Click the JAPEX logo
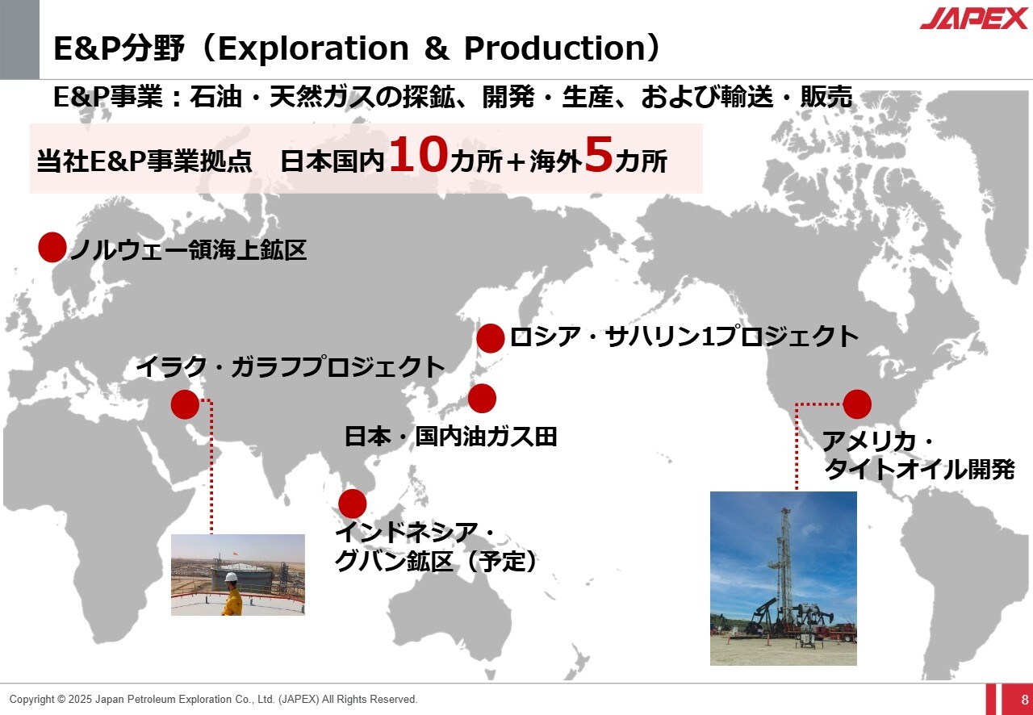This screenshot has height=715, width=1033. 973,19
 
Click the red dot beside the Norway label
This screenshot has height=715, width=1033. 52,247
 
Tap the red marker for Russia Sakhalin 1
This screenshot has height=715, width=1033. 490,338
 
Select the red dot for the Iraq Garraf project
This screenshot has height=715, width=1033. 185,404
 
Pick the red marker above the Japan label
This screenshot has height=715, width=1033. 482,398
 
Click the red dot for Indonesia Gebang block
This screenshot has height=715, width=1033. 353,504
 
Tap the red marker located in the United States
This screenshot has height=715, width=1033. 857,404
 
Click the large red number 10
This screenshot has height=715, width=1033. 419,154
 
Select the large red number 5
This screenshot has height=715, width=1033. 599,154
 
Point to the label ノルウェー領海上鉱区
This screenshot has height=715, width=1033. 188,250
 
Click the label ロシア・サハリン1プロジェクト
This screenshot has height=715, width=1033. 684,337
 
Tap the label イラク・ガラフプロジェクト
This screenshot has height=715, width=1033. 291,367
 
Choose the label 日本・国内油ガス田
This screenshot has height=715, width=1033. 450,437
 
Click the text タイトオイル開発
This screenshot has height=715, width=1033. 919,470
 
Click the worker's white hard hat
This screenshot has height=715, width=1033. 231,577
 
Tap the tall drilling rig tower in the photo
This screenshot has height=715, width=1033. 784,567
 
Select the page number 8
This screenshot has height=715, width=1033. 1025,700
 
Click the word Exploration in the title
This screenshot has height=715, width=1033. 314,48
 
